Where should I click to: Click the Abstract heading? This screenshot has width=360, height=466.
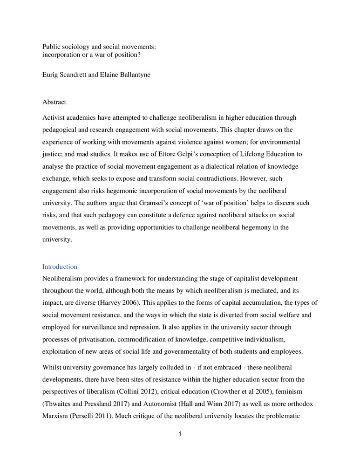click(x=54, y=102)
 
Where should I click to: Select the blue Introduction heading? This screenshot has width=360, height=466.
click(x=60, y=267)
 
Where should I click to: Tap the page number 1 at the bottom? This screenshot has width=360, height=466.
click(x=180, y=434)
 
